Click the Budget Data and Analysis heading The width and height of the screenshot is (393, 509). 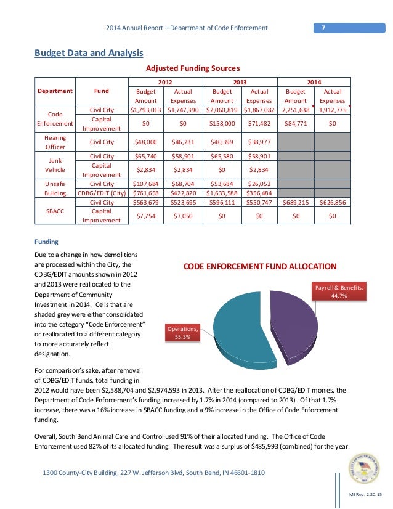[x=89, y=53]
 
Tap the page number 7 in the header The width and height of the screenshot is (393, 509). [x=322, y=28]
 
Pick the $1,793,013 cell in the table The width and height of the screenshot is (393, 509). [x=146, y=110]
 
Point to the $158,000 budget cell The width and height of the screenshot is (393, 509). [x=222, y=123]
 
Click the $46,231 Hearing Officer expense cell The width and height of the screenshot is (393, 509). [x=184, y=142]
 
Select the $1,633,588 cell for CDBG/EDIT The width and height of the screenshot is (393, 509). [x=222, y=191]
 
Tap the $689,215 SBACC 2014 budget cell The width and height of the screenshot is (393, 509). [x=296, y=202]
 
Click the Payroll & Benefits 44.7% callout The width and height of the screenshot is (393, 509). [x=340, y=291]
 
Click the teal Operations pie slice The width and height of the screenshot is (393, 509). [x=237, y=330]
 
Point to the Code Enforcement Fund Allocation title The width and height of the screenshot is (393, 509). [x=260, y=267]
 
